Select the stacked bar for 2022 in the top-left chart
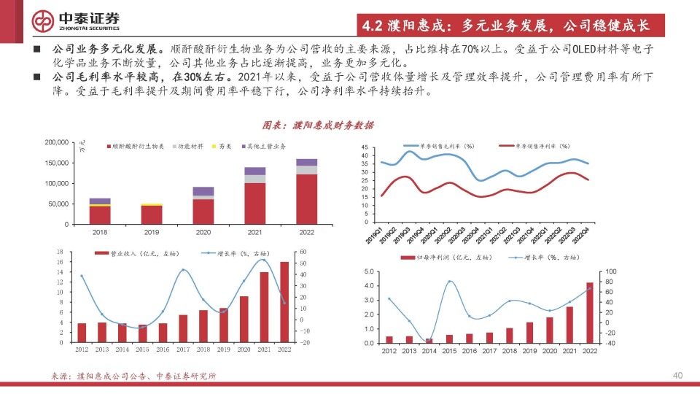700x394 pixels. (x=306, y=191)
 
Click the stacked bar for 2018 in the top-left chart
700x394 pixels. (x=100, y=211)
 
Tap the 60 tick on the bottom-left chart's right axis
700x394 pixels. (x=303, y=252)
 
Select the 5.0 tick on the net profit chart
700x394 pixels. (x=369, y=272)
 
